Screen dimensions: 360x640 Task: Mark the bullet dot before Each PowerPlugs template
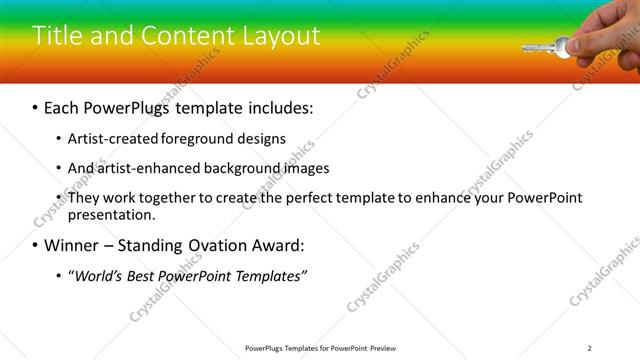pyautogui.click(x=36, y=107)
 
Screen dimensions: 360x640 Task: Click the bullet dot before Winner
pyautogui.click(x=36, y=244)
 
